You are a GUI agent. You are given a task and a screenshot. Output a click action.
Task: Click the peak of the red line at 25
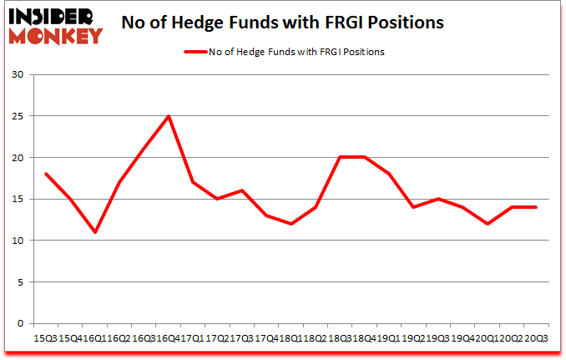(169, 116)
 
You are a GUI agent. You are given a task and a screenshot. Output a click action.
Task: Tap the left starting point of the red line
(45, 174)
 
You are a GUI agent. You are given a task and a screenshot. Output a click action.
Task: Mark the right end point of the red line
(535, 207)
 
